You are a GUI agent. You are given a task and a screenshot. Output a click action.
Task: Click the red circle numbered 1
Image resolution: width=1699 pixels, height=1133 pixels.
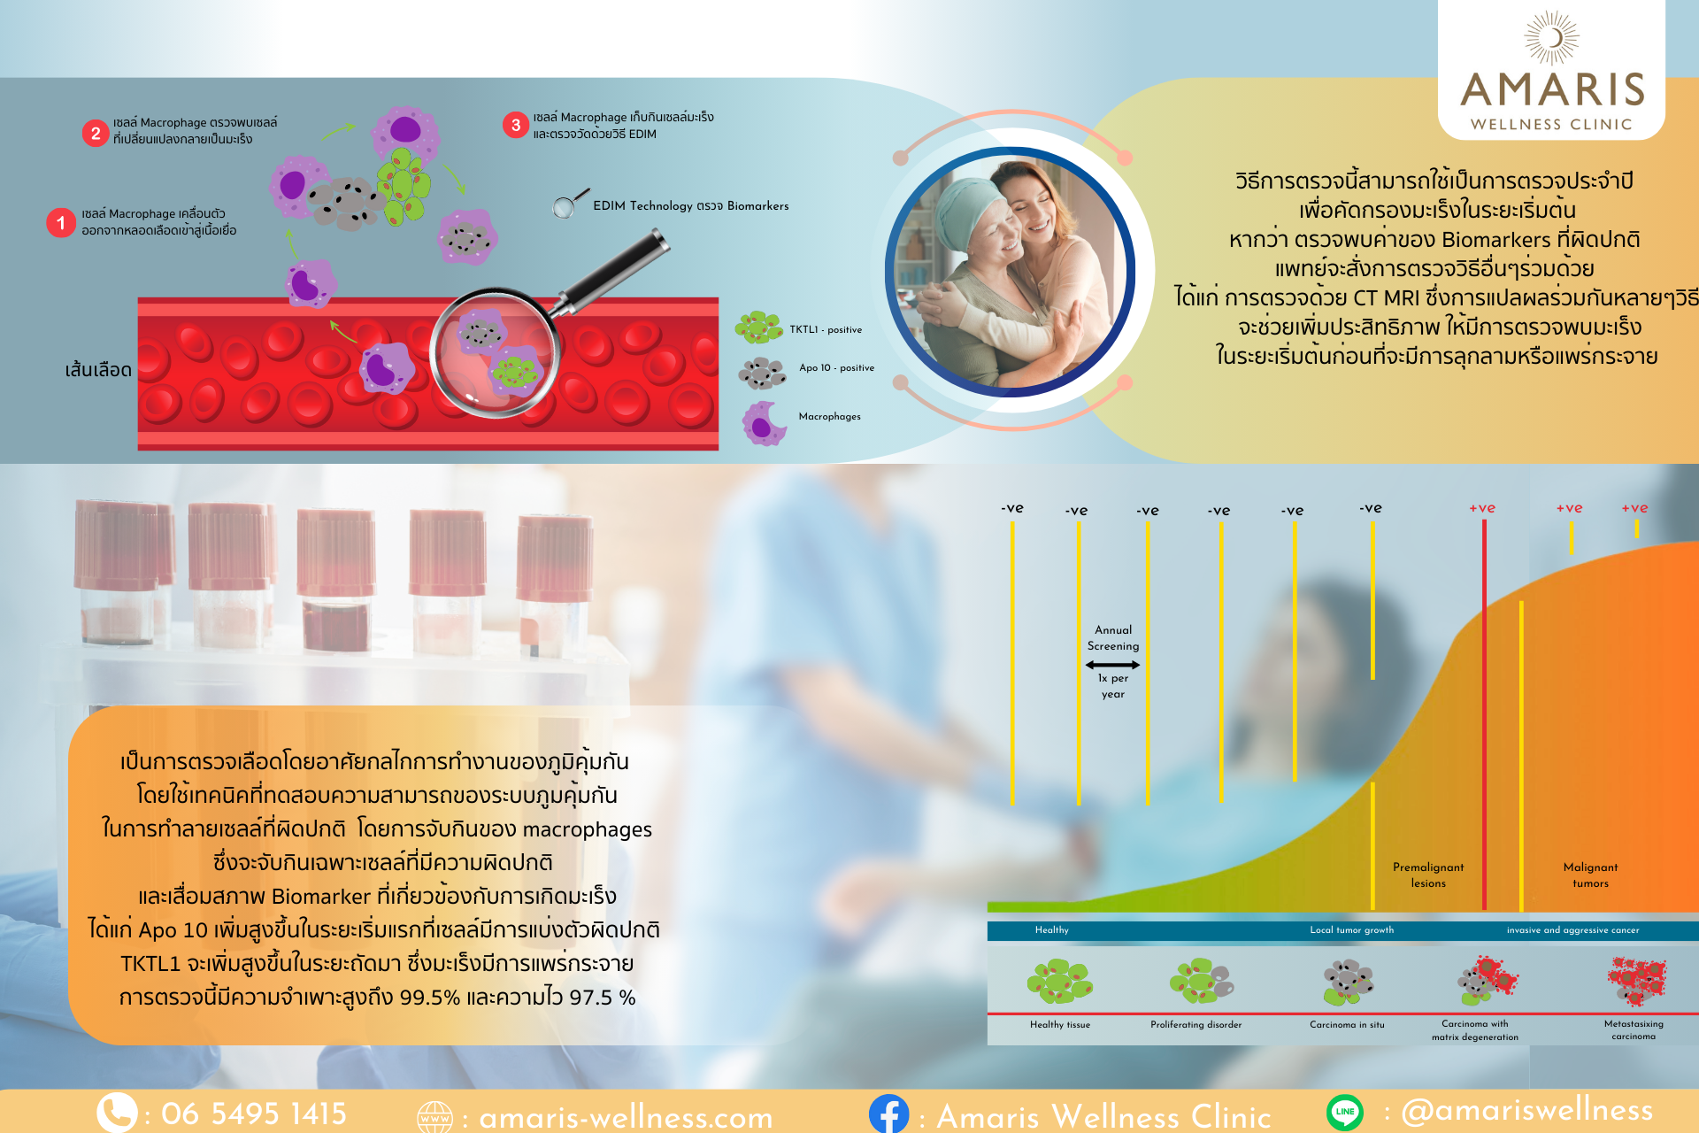coord(60,222)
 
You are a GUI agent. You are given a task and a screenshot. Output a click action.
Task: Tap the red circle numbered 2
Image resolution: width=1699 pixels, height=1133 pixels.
coord(96,133)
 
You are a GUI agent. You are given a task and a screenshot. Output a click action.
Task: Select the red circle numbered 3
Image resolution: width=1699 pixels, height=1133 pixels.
coord(516,125)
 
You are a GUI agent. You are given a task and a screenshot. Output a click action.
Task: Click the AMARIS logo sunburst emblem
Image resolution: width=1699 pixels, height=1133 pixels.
coord(1551,38)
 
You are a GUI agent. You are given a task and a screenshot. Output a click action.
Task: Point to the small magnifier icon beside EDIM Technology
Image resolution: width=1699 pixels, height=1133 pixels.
coord(570,203)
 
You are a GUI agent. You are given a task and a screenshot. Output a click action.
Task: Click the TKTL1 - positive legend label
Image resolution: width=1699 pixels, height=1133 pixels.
coord(826,329)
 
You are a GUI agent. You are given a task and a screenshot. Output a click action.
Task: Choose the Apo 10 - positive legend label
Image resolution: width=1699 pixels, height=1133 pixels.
coord(836,367)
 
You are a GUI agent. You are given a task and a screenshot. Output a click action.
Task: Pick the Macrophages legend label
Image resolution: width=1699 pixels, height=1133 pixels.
coord(829,416)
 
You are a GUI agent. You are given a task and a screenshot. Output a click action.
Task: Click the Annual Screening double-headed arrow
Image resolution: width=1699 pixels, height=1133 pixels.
coord(1112,665)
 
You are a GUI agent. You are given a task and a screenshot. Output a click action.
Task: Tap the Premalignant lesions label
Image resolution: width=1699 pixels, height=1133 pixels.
coord(1428,875)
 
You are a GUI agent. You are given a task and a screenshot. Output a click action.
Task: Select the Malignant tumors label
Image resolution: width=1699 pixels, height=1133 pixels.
coord(1590,875)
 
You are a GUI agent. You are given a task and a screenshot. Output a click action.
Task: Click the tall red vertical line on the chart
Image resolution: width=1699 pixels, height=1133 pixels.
coord(1484,714)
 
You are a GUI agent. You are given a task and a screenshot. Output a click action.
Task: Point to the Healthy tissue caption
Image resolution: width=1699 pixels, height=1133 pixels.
coord(1060,1024)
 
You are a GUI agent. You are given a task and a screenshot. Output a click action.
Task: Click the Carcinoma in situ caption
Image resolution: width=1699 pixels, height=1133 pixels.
coord(1347,1024)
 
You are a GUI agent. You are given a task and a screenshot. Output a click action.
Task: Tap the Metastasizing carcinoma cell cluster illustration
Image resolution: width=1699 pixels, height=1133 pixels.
coord(1637,981)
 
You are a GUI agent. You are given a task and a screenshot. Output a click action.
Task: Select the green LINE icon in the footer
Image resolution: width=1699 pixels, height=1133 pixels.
coord(1345,1112)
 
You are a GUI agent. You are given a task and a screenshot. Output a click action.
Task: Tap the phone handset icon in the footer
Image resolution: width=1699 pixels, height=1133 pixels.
coord(117,1113)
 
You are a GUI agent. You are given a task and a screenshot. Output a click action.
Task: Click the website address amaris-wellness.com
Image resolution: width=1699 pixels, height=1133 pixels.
coord(626,1117)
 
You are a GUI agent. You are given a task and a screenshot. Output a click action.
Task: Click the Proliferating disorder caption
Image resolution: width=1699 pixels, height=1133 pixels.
coord(1195,1024)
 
